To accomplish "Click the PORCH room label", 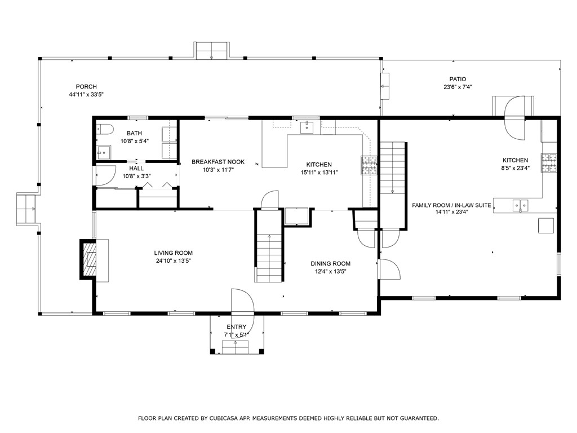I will tap(86, 87).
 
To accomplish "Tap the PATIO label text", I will tap(457, 79).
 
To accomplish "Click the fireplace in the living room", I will tap(90, 258).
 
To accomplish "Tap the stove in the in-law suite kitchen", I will tap(549, 163).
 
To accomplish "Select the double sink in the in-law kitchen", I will tap(520, 206).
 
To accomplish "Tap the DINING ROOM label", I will tap(330, 263).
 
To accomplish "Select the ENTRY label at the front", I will tap(236, 327).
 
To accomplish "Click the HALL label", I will tap(136, 168).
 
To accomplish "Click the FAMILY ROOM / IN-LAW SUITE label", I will tap(451, 205).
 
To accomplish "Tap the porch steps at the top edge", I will tap(211, 50).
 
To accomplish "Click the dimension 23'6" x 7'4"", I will tap(457, 87).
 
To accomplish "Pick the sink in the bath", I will tap(103, 152).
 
